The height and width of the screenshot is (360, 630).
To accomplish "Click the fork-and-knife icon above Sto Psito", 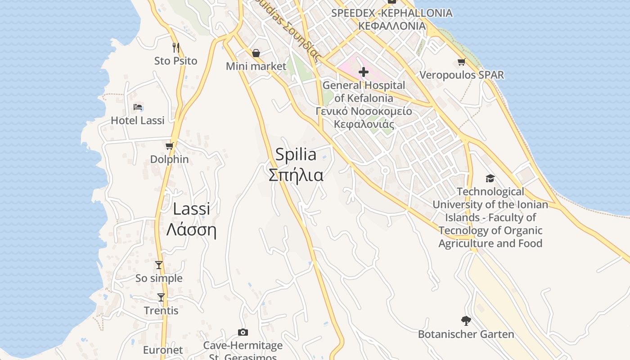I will point(176,47).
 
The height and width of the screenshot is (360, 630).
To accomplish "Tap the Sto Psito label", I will point(175,61).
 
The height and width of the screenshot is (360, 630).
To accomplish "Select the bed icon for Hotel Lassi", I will point(138,107).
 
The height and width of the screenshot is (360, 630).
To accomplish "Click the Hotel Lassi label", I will point(138,121).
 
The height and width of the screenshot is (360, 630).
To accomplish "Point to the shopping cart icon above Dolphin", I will point(170,146).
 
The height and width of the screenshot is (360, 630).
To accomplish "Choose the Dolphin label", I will point(169,159).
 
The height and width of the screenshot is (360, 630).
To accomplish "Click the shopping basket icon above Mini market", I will point(256,53).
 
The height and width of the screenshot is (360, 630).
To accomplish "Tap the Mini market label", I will point(256,66).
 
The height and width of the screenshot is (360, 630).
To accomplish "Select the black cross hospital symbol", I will point(364,72).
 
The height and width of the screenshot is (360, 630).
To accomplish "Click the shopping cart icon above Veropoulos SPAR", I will point(461,62).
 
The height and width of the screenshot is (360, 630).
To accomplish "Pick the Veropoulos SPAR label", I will point(462,75).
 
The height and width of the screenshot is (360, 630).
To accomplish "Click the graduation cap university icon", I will point(490,179).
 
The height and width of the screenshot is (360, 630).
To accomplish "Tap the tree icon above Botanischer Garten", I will point(466,321).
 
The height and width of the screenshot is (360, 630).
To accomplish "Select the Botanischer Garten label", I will point(466,334).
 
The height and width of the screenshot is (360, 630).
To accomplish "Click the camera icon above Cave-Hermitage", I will point(243,332).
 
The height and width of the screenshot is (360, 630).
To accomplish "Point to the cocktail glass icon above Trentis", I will point(161,297).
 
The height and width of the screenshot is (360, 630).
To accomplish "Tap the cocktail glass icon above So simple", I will point(159,265).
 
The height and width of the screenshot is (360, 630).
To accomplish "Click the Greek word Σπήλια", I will point(296,175).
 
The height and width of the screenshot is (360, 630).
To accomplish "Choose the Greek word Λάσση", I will point(192,230).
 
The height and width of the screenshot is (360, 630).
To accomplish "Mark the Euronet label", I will point(163,350).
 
